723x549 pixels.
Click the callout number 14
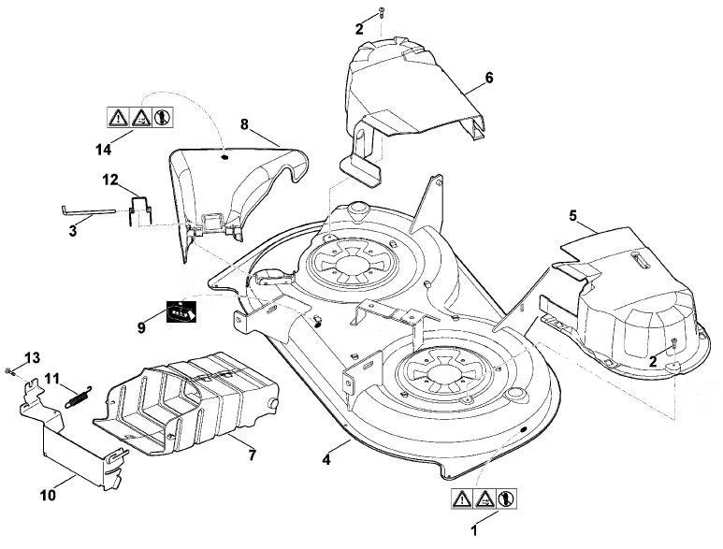pyautogui.click(x=103, y=150)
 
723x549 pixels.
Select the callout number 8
pyautogui.click(x=244, y=124)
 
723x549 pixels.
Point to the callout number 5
pyautogui.click(x=572, y=215)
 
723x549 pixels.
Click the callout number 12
pyautogui.click(x=110, y=180)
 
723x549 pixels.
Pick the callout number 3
pyautogui.click(x=73, y=231)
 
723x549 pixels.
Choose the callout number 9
pyautogui.click(x=141, y=327)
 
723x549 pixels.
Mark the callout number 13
pyautogui.click(x=33, y=357)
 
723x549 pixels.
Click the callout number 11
pyautogui.click(x=52, y=379)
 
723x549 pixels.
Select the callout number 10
pyautogui.click(x=48, y=495)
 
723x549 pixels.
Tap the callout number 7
pyautogui.click(x=252, y=455)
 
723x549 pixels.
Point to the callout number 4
pyautogui.click(x=326, y=459)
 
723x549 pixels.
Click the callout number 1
pyautogui.click(x=473, y=530)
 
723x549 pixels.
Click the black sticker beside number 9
pyautogui.click(x=181, y=311)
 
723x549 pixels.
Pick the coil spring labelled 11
pyautogui.click(x=79, y=397)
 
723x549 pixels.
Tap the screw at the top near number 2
pyautogui.click(x=382, y=12)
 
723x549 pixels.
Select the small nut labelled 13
pyautogui.click(x=8, y=370)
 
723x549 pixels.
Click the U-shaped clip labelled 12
pyautogui.click(x=139, y=211)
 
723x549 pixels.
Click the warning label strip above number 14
pyautogui.click(x=140, y=117)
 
